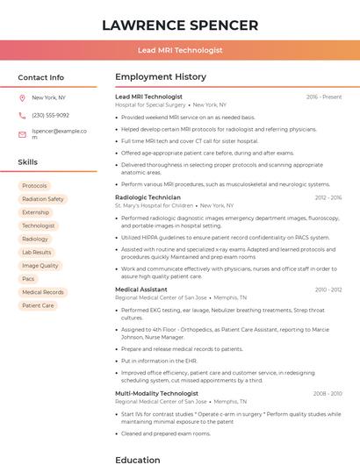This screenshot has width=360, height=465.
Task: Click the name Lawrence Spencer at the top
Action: (x=180, y=25)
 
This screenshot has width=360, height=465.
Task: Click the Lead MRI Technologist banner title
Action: (x=180, y=51)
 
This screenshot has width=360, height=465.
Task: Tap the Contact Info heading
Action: (x=40, y=77)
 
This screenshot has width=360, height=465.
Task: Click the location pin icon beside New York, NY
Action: (x=22, y=97)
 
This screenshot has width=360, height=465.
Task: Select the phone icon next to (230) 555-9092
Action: (x=22, y=115)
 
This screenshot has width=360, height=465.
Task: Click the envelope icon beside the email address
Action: (x=22, y=134)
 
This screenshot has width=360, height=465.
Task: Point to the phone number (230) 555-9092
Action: (x=50, y=115)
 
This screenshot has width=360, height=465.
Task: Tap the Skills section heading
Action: (x=27, y=162)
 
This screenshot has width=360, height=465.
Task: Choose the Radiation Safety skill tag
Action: (x=43, y=199)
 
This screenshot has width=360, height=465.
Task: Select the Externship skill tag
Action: (x=36, y=212)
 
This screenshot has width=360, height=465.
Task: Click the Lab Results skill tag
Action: (x=37, y=252)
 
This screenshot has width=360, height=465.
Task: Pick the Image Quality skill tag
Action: (x=40, y=266)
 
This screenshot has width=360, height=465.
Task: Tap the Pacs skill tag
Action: (x=29, y=279)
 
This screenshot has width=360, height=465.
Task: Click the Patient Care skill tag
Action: (x=38, y=305)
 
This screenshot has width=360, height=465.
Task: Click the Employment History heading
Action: (x=161, y=77)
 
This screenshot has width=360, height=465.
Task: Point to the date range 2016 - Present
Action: (x=324, y=97)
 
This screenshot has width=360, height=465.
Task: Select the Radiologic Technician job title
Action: (x=148, y=197)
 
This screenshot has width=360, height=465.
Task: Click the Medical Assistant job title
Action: (x=141, y=290)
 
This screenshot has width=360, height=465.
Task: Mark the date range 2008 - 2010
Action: (x=328, y=394)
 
